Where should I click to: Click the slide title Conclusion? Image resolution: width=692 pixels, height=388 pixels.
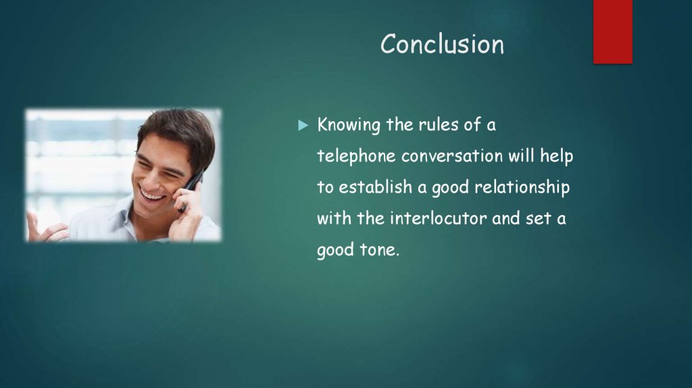click(442, 44)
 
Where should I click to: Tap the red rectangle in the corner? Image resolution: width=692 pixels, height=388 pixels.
click(612, 32)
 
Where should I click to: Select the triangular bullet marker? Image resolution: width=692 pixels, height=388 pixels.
click(303, 125)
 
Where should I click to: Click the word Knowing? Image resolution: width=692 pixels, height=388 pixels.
click(349, 125)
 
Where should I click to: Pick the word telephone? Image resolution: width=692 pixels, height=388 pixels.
click(356, 157)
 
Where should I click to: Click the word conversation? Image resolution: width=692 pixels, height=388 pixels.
click(452, 156)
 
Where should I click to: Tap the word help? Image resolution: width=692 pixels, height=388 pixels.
click(557, 157)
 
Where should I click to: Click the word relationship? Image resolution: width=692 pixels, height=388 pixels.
click(522, 188)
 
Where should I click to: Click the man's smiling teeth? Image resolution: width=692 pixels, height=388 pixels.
click(151, 194)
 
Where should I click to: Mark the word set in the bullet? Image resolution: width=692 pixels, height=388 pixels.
click(539, 218)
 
